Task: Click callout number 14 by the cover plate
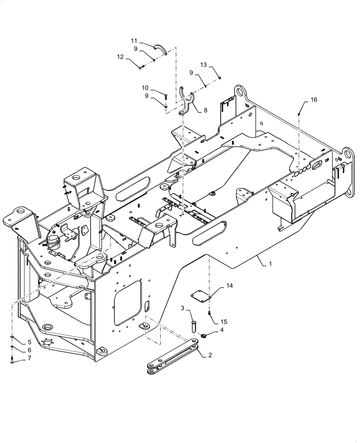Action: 229,287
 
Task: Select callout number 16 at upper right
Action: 313,100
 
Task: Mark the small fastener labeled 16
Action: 300,114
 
